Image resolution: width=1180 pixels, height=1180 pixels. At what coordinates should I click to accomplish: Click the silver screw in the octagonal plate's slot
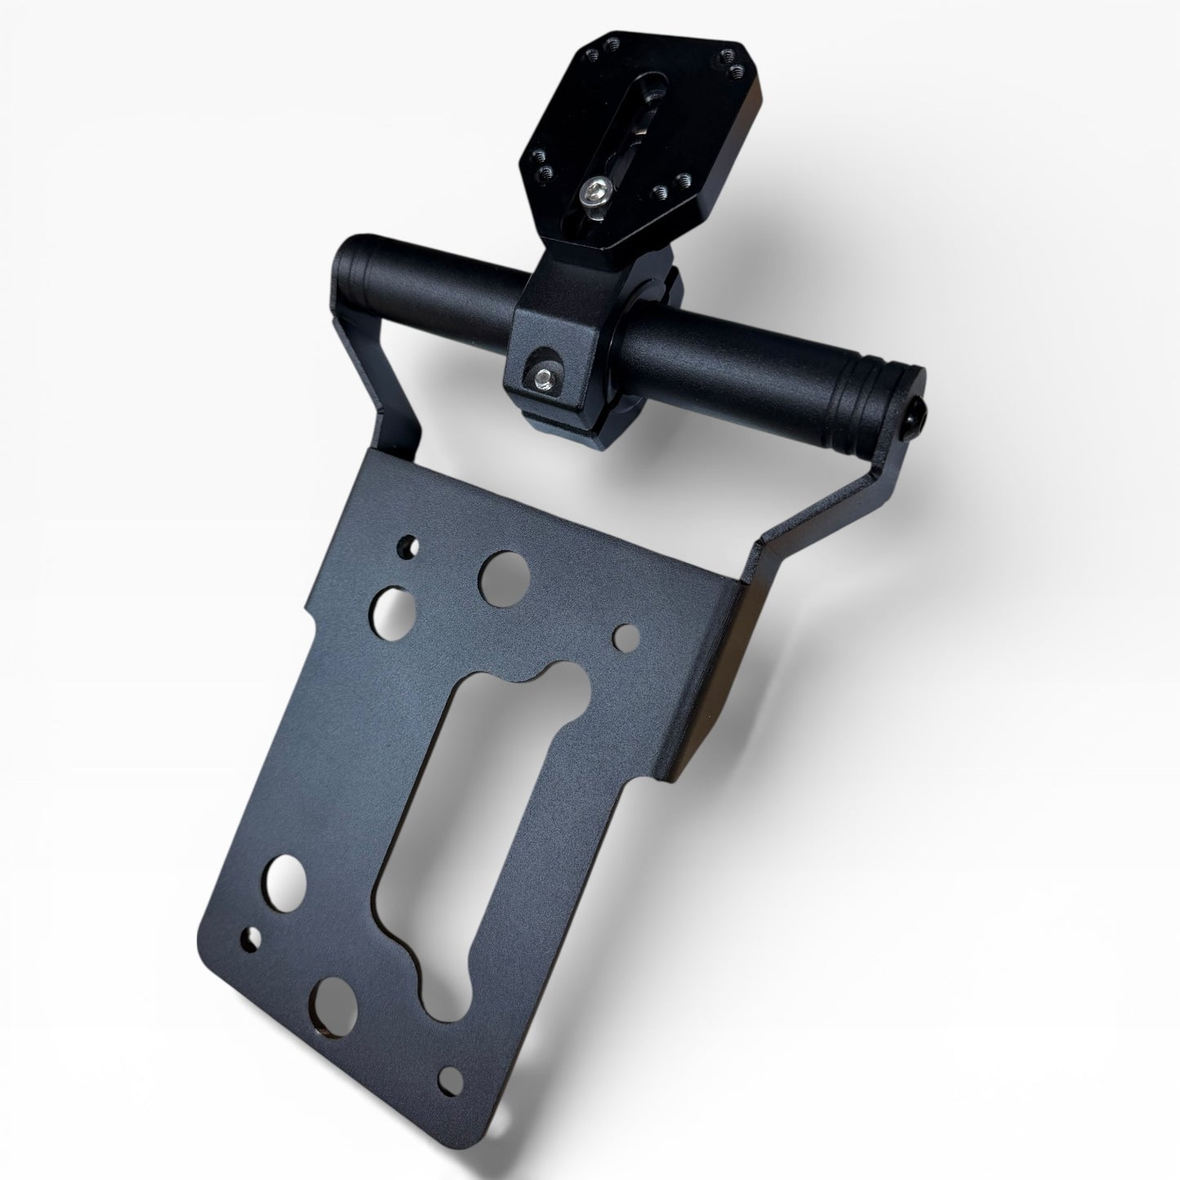(592, 194)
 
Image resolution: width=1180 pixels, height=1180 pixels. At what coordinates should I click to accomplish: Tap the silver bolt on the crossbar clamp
(542, 375)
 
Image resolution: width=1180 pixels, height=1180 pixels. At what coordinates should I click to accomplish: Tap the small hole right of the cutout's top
(626, 635)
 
